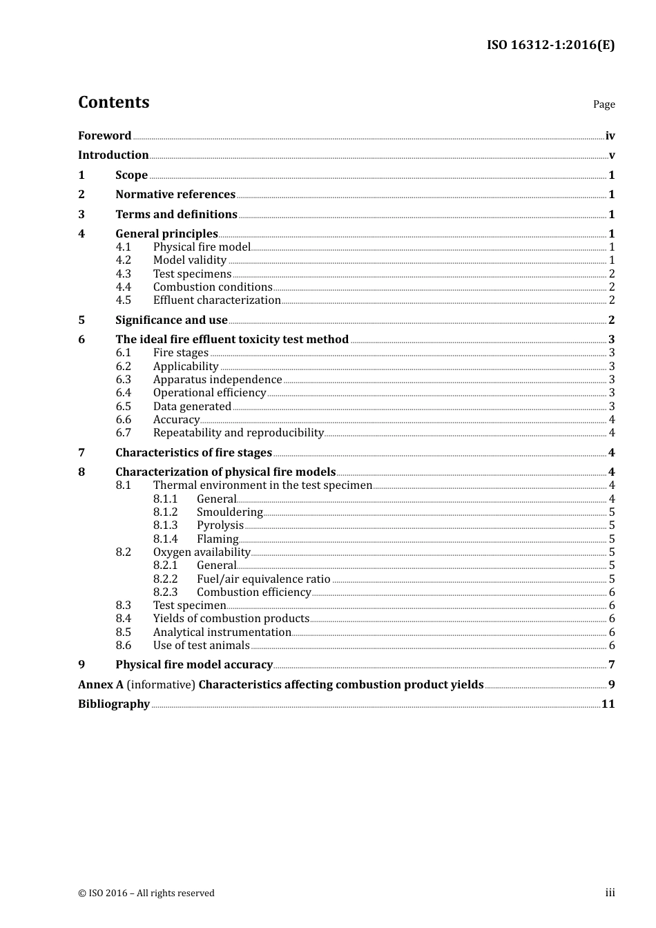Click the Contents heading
tap(113, 102)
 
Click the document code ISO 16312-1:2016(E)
tap(550, 45)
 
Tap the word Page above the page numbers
tap(604, 104)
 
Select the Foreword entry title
tap(104, 135)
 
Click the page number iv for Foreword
tap(610, 135)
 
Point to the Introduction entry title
tap(113, 155)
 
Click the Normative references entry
tap(175, 195)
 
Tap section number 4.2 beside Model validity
tap(123, 260)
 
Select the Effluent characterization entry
tap(217, 300)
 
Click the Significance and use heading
tap(171, 320)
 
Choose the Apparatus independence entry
tap(218, 380)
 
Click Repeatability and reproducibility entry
tap(238, 433)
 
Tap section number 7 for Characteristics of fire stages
tap(81, 453)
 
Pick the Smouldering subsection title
tap(229, 512)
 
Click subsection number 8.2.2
tap(165, 579)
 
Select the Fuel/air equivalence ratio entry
tap(263, 579)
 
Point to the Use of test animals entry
tap(201, 646)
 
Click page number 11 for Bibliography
tap(608, 704)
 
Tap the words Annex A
tap(95, 685)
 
